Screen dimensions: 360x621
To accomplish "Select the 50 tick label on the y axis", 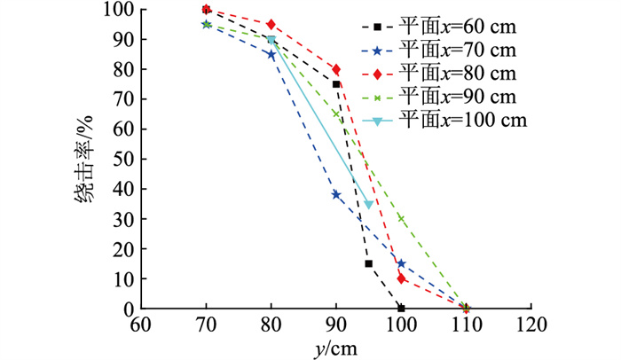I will click(121, 159).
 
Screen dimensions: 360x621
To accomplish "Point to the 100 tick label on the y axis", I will click(115, 10).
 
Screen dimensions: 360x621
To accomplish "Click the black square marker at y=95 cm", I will click(368, 263).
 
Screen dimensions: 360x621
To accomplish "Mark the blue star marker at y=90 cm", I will click(336, 194).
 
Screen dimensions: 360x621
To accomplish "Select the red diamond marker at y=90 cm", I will click(336, 69).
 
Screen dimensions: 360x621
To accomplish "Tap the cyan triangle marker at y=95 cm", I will click(368, 205).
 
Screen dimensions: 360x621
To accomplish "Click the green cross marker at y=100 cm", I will click(401, 218).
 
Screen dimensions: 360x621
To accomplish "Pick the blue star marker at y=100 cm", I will click(401, 263).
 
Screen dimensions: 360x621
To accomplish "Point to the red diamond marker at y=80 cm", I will click(271, 24).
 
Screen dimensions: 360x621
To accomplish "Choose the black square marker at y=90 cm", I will click(336, 84).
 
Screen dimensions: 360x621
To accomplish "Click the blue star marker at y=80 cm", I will click(271, 54).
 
